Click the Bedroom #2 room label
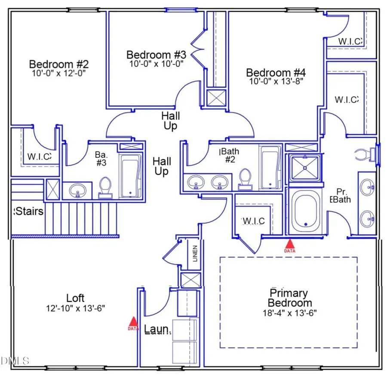point(59,64)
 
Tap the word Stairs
point(29,212)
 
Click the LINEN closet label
point(195,253)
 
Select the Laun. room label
point(158,330)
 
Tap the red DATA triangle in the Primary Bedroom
point(290,245)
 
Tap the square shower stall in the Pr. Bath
point(304,167)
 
